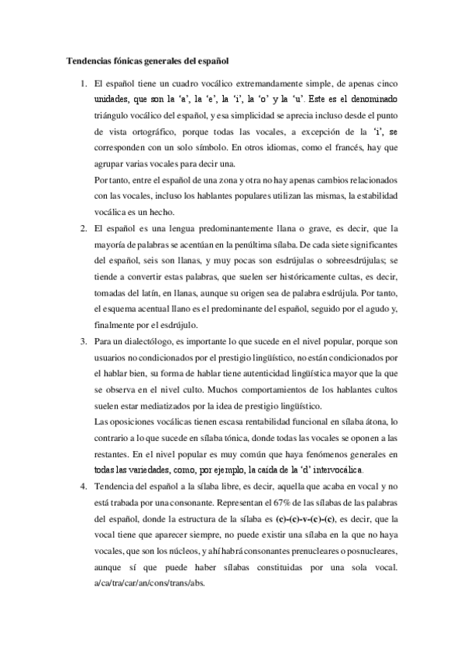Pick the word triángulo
pyautogui.click(x=115, y=114)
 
